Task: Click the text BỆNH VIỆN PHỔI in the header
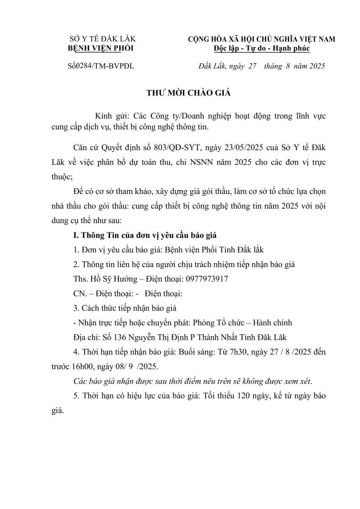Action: point(101,48)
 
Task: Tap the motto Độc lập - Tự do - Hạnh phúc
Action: point(262,48)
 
